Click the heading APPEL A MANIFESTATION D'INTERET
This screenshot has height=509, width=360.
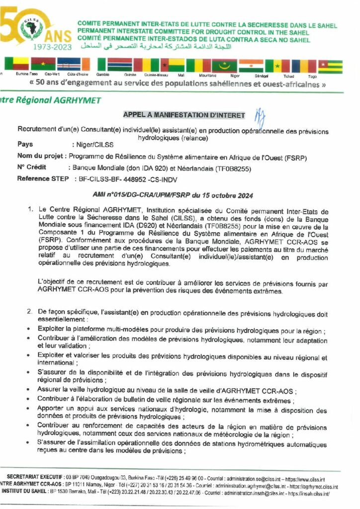[x=184, y=115]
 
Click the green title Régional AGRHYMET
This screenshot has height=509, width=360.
[x=52, y=100]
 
